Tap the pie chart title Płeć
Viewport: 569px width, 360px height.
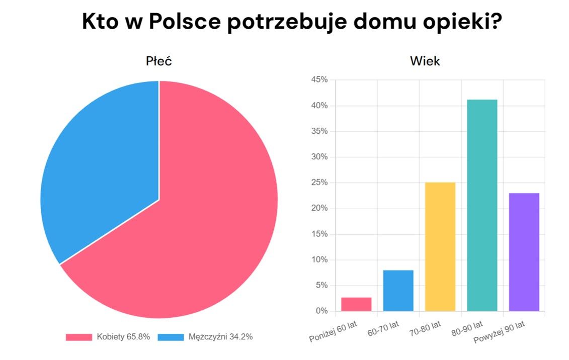click(159, 61)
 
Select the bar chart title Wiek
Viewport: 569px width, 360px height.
click(425, 61)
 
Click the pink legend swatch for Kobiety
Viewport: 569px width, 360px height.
click(78, 337)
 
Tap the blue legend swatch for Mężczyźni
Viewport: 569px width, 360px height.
click(171, 337)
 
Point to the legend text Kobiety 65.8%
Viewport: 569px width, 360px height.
click(123, 337)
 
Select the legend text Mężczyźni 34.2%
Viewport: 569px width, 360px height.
click(221, 337)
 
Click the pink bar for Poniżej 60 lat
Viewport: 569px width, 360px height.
click(356, 304)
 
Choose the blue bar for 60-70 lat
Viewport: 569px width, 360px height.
click(398, 291)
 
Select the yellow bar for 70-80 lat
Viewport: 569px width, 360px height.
click(440, 246)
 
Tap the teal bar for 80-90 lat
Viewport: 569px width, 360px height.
click(482, 205)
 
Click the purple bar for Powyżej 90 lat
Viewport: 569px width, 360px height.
click(524, 251)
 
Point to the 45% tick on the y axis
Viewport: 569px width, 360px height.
click(319, 80)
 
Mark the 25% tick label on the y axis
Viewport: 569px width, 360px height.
click(319, 183)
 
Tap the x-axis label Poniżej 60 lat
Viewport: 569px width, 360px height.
click(333, 331)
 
